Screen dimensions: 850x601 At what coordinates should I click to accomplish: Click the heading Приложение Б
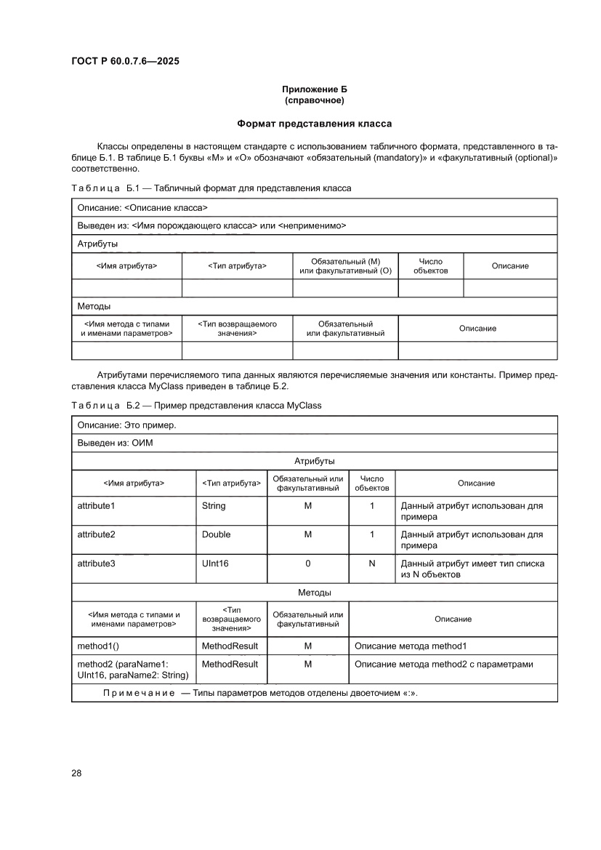point(314,89)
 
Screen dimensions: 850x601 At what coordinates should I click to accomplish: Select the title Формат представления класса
point(314,124)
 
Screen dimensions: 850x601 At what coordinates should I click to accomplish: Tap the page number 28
point(76,772)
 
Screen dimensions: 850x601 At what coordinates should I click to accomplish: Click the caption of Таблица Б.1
point(211,188)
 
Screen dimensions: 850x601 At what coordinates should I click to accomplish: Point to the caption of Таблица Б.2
point(196,405)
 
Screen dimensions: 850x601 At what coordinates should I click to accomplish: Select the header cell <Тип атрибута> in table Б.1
point(237,266)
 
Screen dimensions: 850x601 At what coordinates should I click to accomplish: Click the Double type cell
point(216,534)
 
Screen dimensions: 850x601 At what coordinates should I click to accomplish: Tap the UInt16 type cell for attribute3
point(215,564)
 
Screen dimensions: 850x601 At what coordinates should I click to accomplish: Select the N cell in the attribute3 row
point(371,564)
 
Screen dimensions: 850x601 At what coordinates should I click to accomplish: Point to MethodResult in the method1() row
point(230,646)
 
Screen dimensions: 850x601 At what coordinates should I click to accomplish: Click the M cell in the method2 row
point(308,664)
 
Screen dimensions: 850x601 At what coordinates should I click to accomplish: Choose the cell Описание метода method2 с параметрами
point(443,664)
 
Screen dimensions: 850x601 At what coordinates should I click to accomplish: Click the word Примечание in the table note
point(139,693)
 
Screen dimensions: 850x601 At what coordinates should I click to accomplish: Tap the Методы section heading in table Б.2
point(314,593)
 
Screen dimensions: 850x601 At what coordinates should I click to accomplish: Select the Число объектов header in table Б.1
point(430,266)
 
